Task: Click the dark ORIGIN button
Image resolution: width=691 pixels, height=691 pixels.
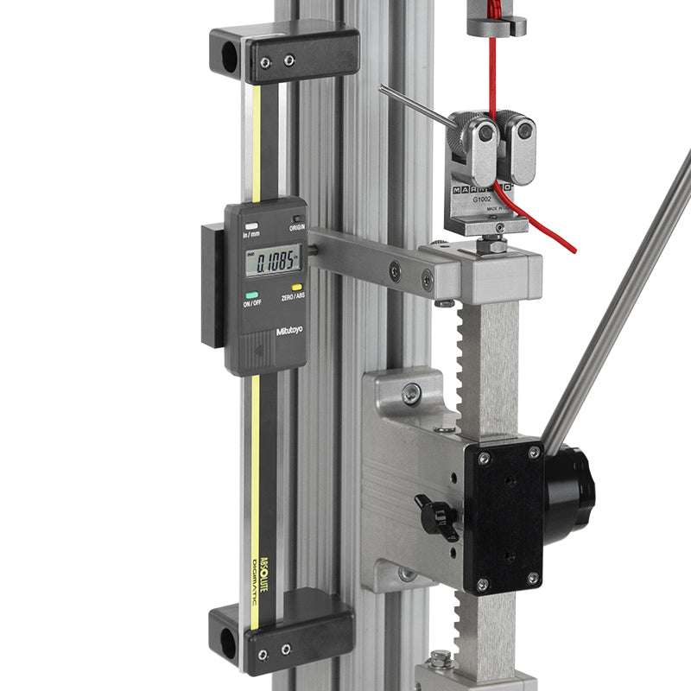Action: pyautogui.click(x=296, y=219)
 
